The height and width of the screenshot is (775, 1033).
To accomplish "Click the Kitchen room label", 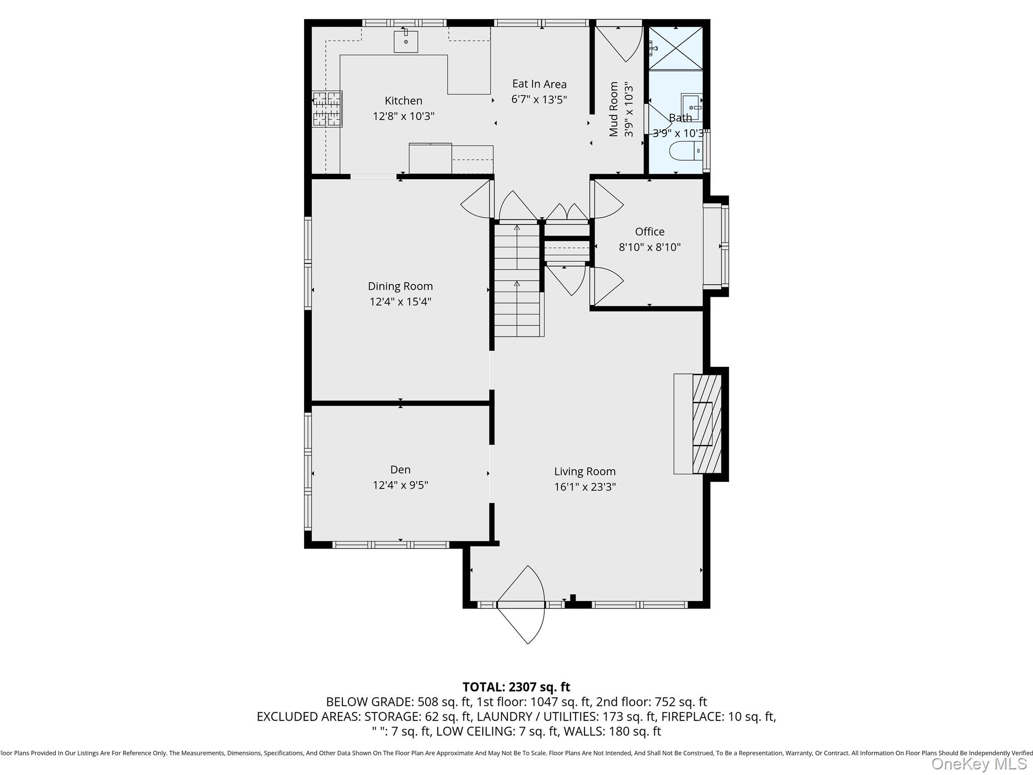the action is [404, 100].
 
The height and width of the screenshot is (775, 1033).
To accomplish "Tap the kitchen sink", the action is [406, 41].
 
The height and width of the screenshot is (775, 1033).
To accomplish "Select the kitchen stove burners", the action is [327, 109].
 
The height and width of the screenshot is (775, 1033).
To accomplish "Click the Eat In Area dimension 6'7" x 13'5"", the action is [539, 99].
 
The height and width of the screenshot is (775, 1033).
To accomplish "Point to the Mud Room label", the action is [613, 109].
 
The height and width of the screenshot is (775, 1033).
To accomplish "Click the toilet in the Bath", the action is [685, 150].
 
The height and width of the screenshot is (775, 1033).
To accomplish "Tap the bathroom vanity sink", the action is [692, 107].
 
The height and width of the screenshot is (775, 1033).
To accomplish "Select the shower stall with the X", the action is [675, 48].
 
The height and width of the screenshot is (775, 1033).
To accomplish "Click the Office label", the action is [650, 232].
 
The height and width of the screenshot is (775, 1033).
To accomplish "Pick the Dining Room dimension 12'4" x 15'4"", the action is [400, 302].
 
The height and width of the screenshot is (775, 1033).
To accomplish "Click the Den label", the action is [400, 470].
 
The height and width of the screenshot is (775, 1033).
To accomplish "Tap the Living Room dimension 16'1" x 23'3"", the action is [585, 487].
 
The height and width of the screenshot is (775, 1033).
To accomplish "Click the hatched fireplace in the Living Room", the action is [707, 424].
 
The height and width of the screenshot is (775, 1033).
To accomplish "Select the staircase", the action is [518, 280].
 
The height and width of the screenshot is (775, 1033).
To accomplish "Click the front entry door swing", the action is [522, 604].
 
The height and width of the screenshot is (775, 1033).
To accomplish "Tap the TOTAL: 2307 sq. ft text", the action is [516, 687].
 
